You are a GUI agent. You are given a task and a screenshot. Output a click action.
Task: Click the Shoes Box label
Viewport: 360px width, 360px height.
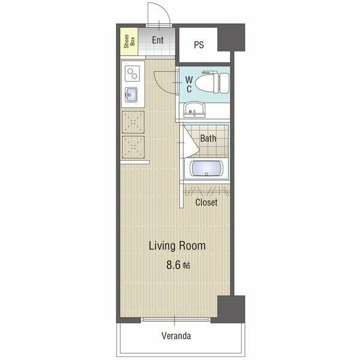tap(129, 41)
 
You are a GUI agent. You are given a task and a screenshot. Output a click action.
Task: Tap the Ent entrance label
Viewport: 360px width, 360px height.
tap(158, 40)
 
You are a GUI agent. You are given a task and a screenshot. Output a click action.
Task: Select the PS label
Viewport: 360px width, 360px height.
tap(199, 45)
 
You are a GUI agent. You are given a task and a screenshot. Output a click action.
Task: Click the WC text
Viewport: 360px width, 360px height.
tap(189, 84)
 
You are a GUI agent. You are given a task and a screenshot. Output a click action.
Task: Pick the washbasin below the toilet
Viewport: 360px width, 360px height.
tap(194, 110)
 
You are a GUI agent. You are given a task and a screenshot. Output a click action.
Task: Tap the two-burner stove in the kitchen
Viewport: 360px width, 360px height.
tap(132, 73)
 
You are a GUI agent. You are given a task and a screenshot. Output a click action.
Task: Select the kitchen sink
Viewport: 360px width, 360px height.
tap(131, 95)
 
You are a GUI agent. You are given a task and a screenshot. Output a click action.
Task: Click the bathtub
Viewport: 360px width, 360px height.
tap(206, 168)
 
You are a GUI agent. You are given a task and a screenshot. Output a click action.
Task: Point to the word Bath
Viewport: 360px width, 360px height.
tap(208, 138)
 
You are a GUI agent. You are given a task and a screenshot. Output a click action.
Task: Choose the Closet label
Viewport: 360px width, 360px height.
tap(206, 202)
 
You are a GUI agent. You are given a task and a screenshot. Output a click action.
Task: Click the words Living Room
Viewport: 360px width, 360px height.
tap(177, 245)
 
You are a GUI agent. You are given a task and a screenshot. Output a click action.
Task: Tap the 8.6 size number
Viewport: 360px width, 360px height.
tap(174, 265)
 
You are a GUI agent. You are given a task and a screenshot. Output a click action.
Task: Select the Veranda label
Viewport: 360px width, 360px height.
tap(176, 335)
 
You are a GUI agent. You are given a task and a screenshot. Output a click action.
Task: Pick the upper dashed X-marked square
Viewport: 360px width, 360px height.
tap(133, 122)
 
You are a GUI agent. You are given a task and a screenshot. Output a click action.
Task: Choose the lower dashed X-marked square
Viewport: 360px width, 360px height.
tap(133, 147)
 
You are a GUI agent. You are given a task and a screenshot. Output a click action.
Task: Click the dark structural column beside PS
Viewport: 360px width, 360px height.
tap(231, 37)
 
